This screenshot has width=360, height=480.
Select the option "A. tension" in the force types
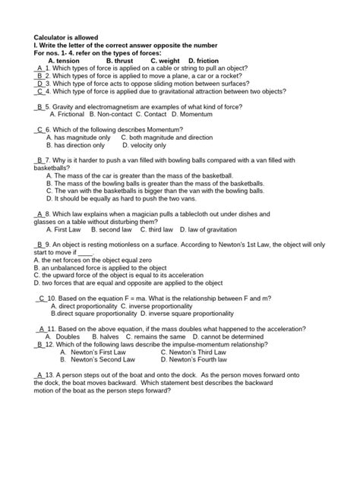(x=65, y=61)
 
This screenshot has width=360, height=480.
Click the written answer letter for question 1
(x=39, y=69)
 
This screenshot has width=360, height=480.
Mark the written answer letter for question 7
(x=39, y=161)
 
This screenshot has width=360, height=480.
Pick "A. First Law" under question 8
(x=64, y=229)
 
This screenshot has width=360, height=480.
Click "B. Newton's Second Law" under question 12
(x=88, y=359)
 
